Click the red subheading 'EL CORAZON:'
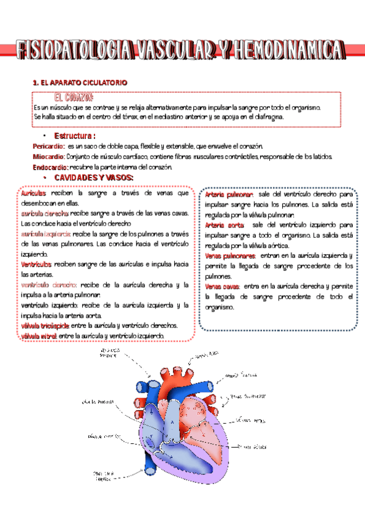(73, 98)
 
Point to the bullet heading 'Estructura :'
(75, 136)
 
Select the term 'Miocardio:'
(48, 157)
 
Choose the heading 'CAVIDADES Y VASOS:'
(94, 177)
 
